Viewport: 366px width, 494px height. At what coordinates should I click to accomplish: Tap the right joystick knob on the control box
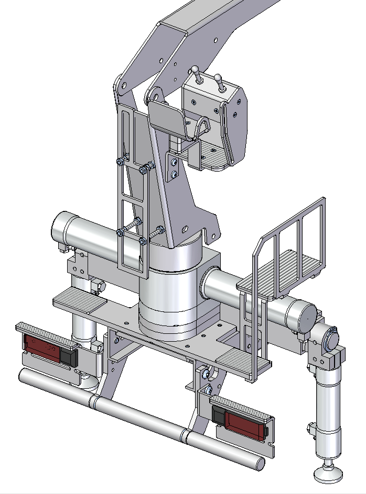tap(217, 78)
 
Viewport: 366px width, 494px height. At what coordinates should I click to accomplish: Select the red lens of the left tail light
tap(42, 346)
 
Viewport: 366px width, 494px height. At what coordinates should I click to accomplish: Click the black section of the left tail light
tap(68, 357)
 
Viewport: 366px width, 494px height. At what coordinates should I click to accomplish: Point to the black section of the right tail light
tap(219, 414)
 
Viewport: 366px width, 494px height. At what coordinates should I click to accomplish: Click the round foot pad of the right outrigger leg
tap(328, 474)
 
